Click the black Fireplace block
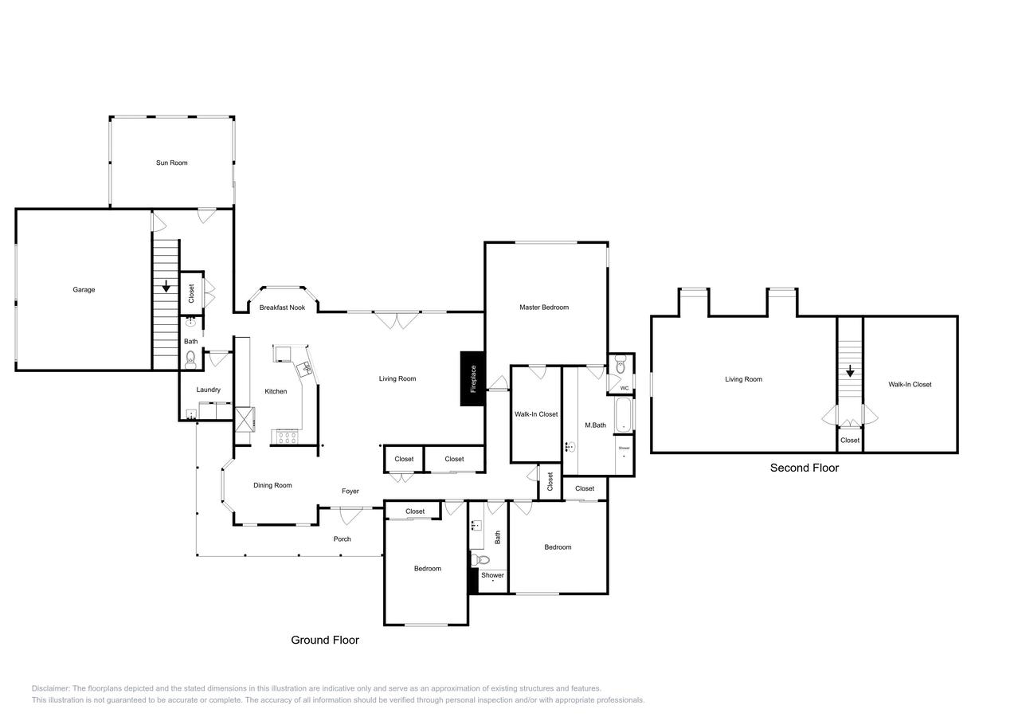(472, 378)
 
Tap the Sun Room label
(172, 163)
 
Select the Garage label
(84, 290)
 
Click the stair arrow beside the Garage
(166, 286)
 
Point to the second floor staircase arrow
(850, 370)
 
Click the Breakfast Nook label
(282, 308)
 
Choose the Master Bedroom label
(544, 308)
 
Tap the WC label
(624, 389)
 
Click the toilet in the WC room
(621, 367)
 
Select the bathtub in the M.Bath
(624, 414)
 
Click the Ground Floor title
(325, 640)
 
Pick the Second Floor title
(804, 468)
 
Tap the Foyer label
(350, 492)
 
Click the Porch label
(342, 539)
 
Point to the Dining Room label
(272, 485)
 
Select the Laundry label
(209, 390)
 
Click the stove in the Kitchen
(284, 437)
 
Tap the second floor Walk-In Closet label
(910, 385)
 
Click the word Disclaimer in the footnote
(51, 688)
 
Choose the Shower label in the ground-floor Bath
(492, 575)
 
